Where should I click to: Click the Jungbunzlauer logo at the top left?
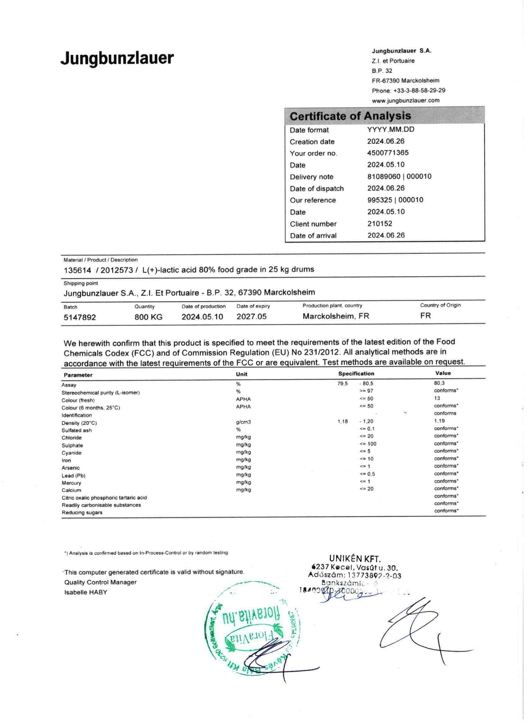click(117, 59)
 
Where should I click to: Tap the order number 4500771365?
click(388, 153)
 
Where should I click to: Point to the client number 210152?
click(380, 224)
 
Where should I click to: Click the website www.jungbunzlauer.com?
click(405, 100)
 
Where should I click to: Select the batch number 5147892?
click(80, 317)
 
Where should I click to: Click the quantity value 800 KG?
click(148, 317)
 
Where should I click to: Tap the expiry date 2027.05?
click(251, 316)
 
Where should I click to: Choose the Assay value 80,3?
click(439, 383)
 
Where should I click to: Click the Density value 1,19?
click(439, 421)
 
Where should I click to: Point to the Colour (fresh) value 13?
click(437, 398)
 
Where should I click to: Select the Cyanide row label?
click(71, 453)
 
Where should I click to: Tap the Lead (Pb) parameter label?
click(73, 476)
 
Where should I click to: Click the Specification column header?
click(356, 374)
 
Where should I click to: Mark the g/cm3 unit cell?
click(244, 422)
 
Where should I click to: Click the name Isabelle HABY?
click(85, 592)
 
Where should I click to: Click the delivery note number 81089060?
click(384, 176)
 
